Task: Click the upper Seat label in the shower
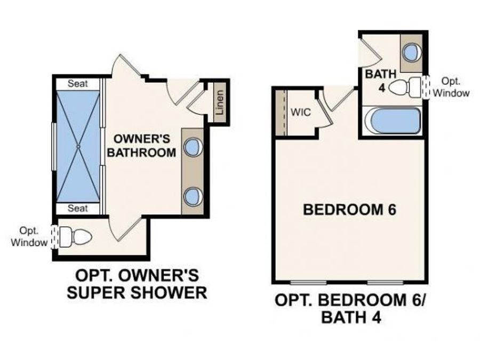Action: pyautogui.click(x=77, y=84)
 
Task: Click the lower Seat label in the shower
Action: pyautogui.click(x=77, y=208)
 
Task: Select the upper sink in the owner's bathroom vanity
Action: pyautogui.click(x=192, y=148)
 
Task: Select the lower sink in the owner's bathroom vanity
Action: pyautogui.click(x=192, y=196)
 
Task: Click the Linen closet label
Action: pyautogui.click(x=219, y=103)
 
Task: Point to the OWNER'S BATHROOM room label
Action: pyautogui.click(x=142, y=146)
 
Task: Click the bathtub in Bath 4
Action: pyautogui.click(x=391, y=121)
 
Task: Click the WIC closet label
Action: pyautogui.click(x=300, y=113)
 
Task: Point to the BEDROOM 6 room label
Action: pyautogui.click(x=349, y=210)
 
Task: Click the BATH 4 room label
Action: pyautogui.click(x=380, y=80)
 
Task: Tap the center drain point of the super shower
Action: pyautogui.click(x=78, y=146)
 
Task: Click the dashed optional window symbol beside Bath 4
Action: pyautogui.click(x=426, y=87)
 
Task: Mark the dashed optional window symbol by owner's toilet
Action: pyautogui.click(x=53, y=236)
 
